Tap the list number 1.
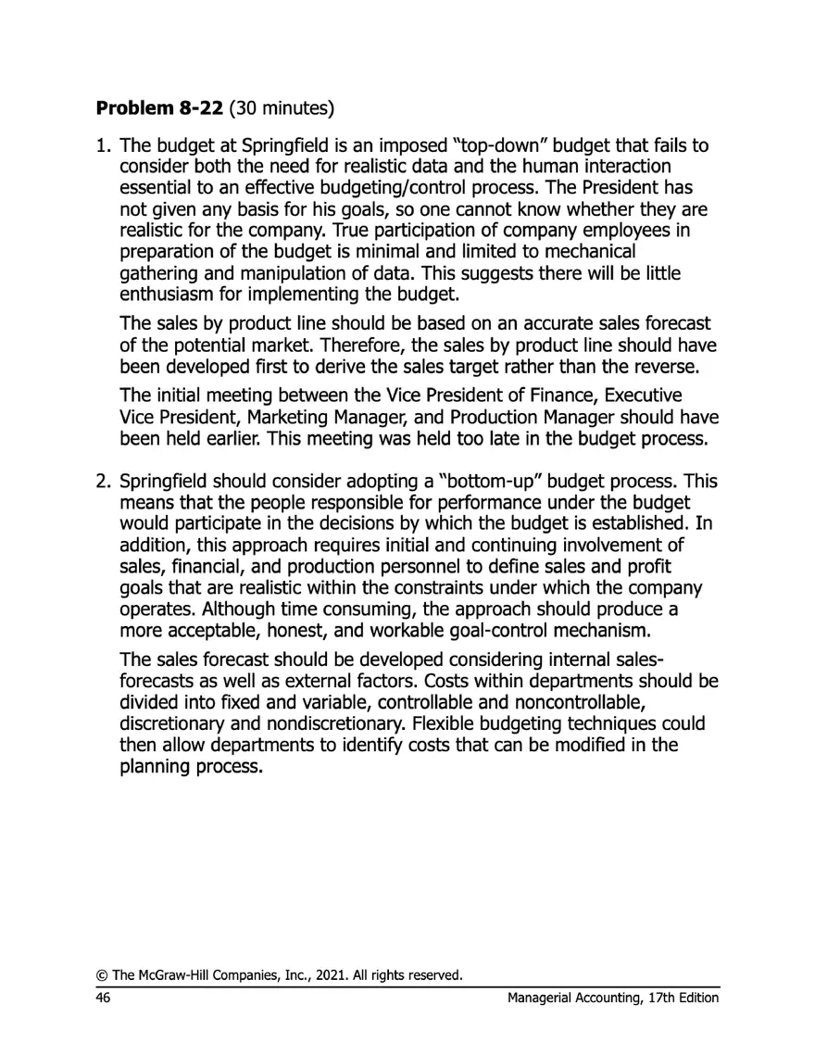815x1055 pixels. click(x=103, y=145)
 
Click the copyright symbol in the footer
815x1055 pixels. click(x=98, y=974)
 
